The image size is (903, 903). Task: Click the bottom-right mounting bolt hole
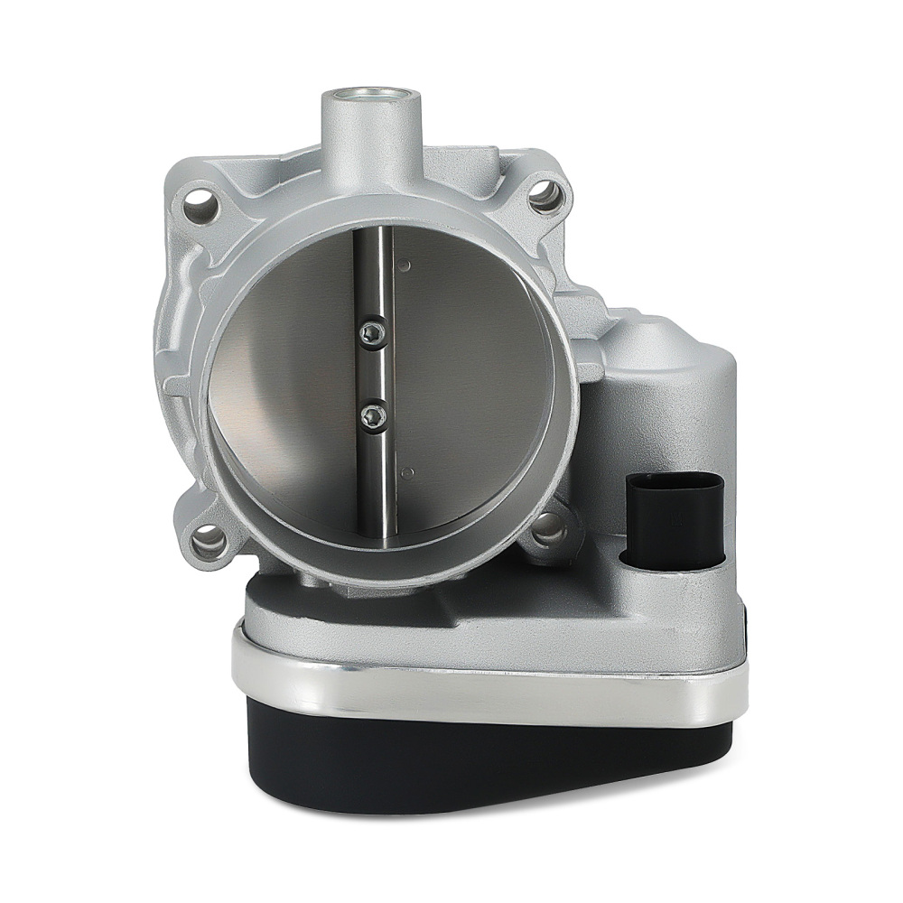548,533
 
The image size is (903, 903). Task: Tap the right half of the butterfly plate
470,379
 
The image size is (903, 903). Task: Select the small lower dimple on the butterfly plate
407,470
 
